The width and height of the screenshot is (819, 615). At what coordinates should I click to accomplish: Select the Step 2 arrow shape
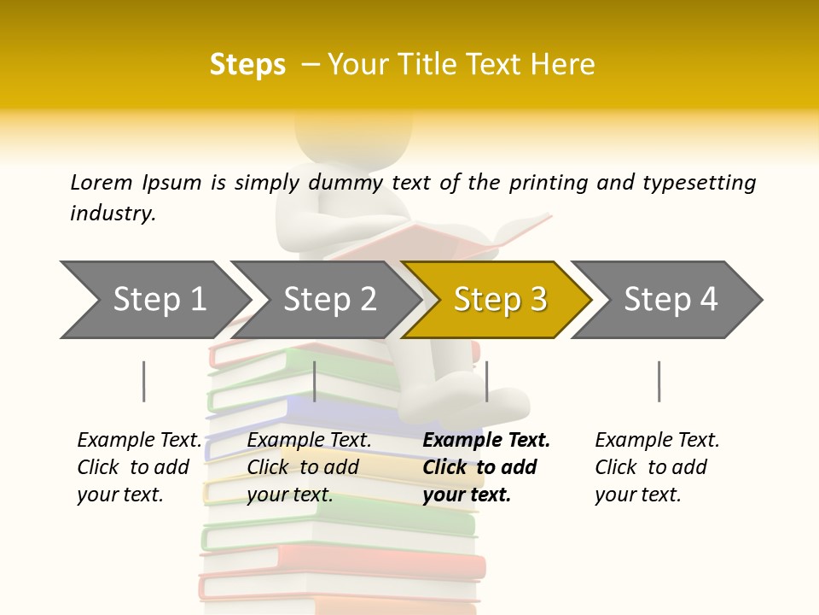(328, 300)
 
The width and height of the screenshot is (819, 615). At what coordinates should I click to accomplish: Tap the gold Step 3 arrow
(499, 300)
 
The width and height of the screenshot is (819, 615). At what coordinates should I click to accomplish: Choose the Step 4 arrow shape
(670, 300)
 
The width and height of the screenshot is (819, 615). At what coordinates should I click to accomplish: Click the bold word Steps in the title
(247, 65)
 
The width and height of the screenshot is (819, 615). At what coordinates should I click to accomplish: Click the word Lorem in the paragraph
(101, 182)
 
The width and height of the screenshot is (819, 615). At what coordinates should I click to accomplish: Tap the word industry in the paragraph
(113, 213)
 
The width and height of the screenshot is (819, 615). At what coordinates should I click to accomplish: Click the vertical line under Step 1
(143, 381)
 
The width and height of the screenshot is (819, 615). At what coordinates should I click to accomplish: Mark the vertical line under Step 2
(315, 381)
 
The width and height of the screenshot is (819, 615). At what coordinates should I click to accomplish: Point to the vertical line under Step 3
(486, 381)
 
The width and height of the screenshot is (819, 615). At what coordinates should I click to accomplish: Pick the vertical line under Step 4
(659, 381)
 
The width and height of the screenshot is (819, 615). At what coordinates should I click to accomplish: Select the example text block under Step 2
(308, 467)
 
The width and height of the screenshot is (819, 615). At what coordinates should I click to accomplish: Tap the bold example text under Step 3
(485, 467)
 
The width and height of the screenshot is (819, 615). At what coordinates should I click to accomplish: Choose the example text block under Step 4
(656, 467)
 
